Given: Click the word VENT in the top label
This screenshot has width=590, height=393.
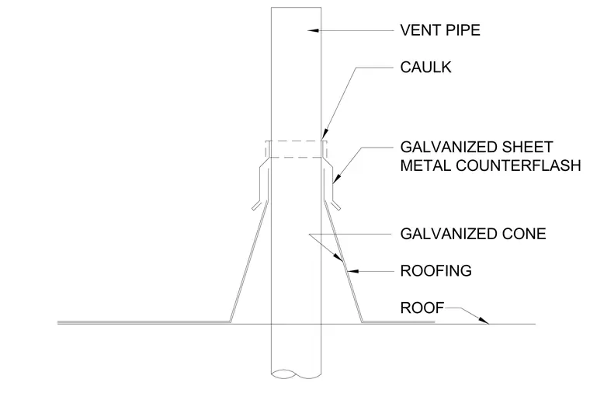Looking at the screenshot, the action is [418, 30].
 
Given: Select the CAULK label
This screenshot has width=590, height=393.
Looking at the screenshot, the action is [425, 68].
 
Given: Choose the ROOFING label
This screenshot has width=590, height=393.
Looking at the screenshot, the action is [436, 270].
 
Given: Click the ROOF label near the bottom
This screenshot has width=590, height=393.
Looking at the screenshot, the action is [422, 308].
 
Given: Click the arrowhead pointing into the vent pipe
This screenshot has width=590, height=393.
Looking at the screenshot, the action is [314, 30].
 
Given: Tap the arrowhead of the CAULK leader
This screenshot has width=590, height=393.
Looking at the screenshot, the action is [324, 135].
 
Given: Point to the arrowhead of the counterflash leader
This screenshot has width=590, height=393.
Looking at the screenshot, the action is [335, 179].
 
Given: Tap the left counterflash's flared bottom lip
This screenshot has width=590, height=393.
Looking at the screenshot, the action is [256, 205].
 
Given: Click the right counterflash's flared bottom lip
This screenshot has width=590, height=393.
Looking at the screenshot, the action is [336, 205].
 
